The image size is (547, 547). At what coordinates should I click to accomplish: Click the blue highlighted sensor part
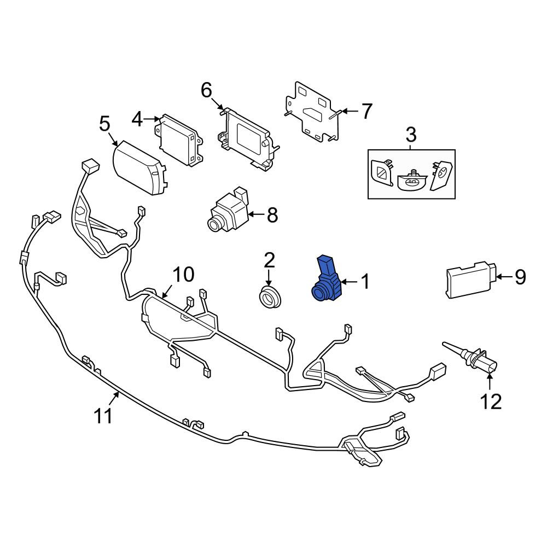click(x=327, y=279)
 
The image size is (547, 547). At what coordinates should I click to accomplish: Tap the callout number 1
click(x=365, y=281)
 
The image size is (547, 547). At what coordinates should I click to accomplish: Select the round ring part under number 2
click(x=270, y=297)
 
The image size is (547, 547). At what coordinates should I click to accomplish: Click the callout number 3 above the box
click(x=411, y=135)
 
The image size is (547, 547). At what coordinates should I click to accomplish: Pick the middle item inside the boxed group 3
click(x=412, y=179)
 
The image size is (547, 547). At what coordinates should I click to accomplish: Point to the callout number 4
click(x=137, y=119)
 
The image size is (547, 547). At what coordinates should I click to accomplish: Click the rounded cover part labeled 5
click(x=139, y=168)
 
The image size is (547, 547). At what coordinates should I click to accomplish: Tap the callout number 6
click(x=206, y=90)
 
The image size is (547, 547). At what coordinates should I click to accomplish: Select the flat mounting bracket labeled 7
click(x=312, y=112)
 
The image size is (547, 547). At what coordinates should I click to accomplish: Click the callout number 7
click(x=366, y=111)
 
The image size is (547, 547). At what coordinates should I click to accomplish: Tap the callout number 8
click(x=272, y=214)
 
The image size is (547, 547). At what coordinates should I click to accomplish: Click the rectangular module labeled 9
click(x=471, y=279)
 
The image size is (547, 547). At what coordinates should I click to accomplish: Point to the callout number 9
click(x=520, y=277)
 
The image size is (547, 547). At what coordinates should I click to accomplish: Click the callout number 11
click(x=103, y=416)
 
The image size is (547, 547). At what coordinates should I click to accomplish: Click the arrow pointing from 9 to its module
click(x=504, y=277)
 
